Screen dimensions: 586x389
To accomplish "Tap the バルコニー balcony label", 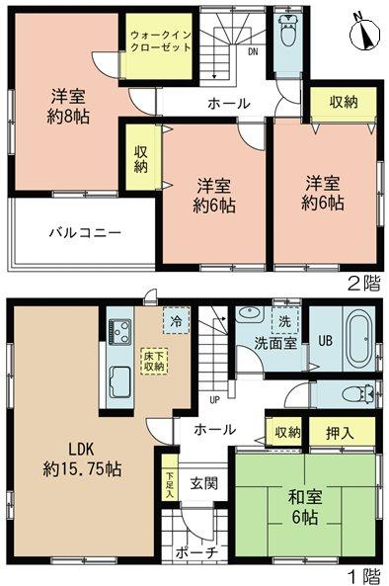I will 87,233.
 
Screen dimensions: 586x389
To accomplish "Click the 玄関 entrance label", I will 204,483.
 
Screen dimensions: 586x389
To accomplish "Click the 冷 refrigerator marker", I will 174,320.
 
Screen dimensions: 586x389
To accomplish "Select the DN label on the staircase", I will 253,51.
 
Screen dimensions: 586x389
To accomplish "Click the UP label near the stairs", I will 213,400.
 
